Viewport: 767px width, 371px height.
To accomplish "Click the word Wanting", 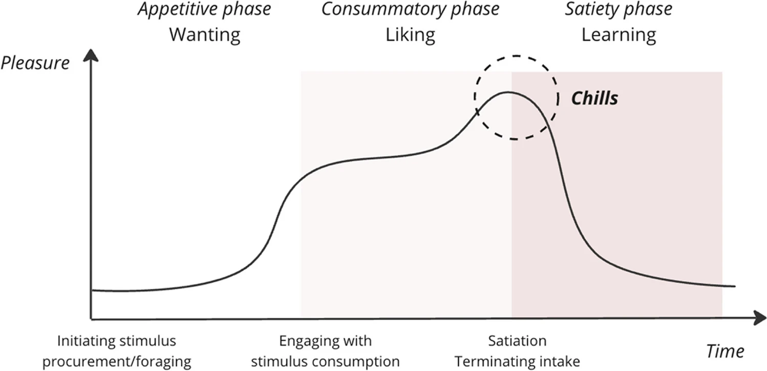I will pyautogui.click(x=204, y=35).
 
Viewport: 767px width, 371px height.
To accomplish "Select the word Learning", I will pyautogui.click(x=619, y=35).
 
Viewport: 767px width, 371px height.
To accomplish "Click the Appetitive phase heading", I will pyautogui.click(x=204, y=9).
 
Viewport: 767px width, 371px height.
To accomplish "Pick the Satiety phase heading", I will pyautogui.click(x=619, y=9).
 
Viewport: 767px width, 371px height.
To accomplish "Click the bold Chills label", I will pyautogui.click(x=594, y=98).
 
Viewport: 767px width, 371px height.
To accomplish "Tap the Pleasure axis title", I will pyautogui.click(x=35, y=63).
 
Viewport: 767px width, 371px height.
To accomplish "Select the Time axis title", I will pyautogui.click(x=725, y=351).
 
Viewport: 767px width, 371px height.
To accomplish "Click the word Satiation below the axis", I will pyautogui.click(x=517, y=341).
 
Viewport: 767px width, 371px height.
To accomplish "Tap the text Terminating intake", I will pyautogui.click(x=517, y=361).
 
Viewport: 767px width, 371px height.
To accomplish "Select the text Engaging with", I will pyautogui.click(x=326, y=341).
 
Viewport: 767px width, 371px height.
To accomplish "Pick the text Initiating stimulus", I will pyautogui.click(x=117, y=341).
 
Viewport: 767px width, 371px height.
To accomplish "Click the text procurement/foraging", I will pyautogui.click(x=117, y=361).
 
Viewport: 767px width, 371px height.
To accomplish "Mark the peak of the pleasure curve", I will pyautogui.click(x=508, y=92).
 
